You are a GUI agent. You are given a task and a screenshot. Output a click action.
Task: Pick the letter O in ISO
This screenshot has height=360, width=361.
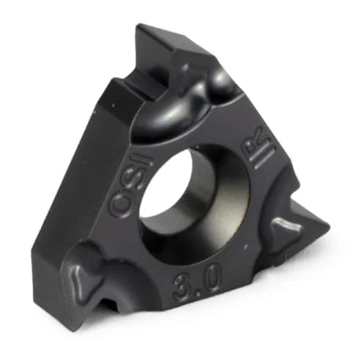[117, 204]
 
